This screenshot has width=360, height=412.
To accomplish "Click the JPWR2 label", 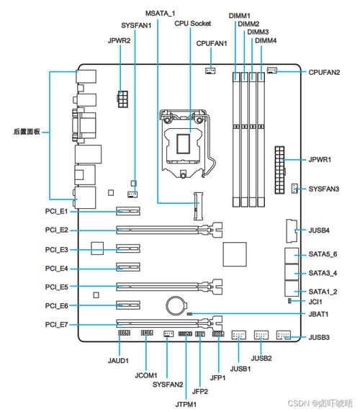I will (x=119, y=41).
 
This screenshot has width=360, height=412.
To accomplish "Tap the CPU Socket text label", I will (x=192, y=23).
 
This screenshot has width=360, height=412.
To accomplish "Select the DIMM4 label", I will (x=266, y=41).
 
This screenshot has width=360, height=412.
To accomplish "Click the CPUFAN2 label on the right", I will (x=324, y=72).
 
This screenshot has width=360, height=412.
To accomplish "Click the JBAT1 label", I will (x=319, y=314).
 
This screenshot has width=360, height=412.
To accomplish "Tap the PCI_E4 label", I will (x=55, y=268).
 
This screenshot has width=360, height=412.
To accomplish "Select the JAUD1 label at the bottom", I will (x=119, y=360).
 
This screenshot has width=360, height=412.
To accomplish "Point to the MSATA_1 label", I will (x=160, y=14).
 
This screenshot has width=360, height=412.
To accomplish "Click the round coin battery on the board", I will (x=175, y=305).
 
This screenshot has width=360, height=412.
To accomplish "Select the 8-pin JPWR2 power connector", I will (x=122, y=98).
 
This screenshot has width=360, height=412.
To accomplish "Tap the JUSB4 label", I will (x=319, y=230).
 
